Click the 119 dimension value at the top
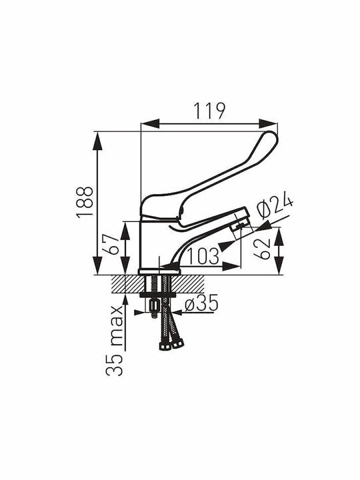tap(210, 111)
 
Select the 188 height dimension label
tap(85, 201)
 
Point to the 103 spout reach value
tap(203, 256)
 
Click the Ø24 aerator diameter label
tap(275, 206)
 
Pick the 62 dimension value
tap(263, 249)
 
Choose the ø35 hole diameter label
tap(201, 303)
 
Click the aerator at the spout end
tap(240, 226)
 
